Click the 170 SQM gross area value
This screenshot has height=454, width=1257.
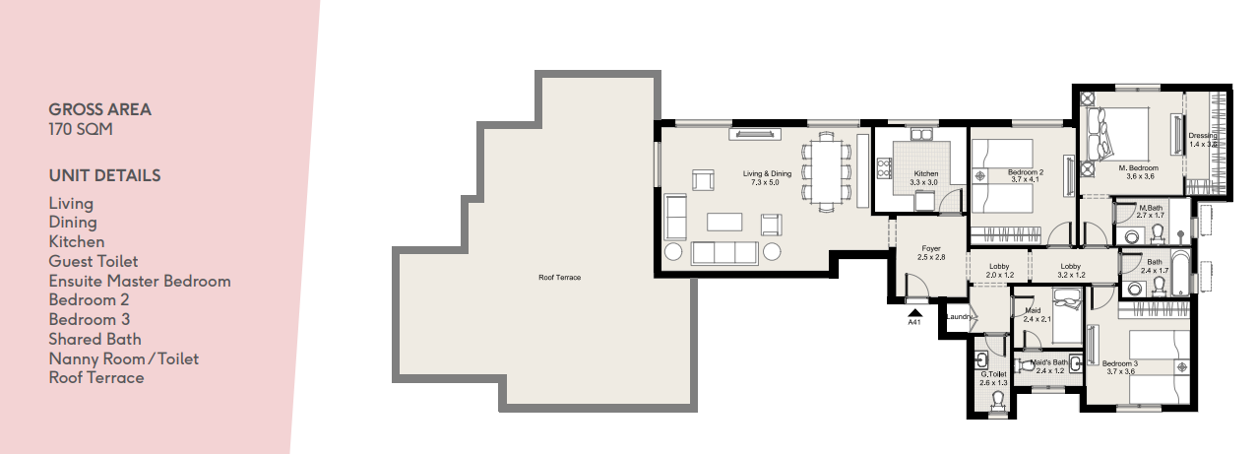click(x=81, y=129)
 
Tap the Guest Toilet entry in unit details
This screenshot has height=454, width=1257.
click(x=94, y=261)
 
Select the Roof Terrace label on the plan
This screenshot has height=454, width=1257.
click(x=559, y=278)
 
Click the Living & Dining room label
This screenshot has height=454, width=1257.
click(x=767, y=178)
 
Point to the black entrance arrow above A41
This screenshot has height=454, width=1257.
click(x=915, y=313)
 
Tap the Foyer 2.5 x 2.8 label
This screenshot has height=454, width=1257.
click(x=931, y=252)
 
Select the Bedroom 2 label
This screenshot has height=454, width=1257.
click(x=1026, y=175)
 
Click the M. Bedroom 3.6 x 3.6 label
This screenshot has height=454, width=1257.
click(x=1140, y=171)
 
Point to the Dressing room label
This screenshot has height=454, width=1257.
click(x=1203, y=140)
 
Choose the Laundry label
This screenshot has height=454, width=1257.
click(x=959, y=316)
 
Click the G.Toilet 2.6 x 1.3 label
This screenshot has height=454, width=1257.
click(x=993, y=378)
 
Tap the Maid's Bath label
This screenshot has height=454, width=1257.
click(x=1048, y=366)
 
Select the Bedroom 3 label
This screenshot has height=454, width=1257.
click(x=1120, y=367)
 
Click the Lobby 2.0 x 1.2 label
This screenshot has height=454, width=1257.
click(x=999, y=271)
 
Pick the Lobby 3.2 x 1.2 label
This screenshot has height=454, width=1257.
click(x=1071, y=271)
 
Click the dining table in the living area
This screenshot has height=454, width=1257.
click(x=826, y=171)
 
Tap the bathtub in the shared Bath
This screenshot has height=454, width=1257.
click(x=1180, y=272)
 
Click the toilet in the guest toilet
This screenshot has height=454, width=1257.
click(x=998, y=400)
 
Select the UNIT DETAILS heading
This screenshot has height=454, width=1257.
click(x=104, y=175)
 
